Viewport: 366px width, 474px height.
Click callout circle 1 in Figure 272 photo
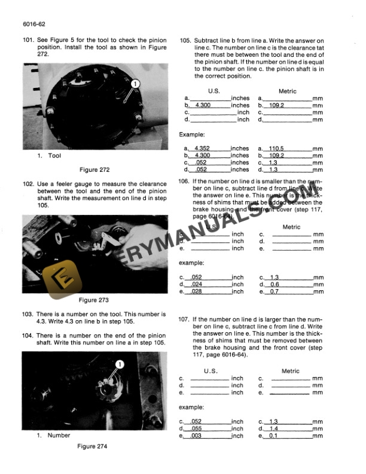136,84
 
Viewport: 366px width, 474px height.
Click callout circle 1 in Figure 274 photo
119,364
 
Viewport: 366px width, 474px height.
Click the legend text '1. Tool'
49,156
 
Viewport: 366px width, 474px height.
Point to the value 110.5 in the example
276,148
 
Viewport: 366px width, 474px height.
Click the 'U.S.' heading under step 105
213,91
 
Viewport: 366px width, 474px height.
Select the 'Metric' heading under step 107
290,371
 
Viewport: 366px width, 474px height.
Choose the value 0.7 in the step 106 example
274,292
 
